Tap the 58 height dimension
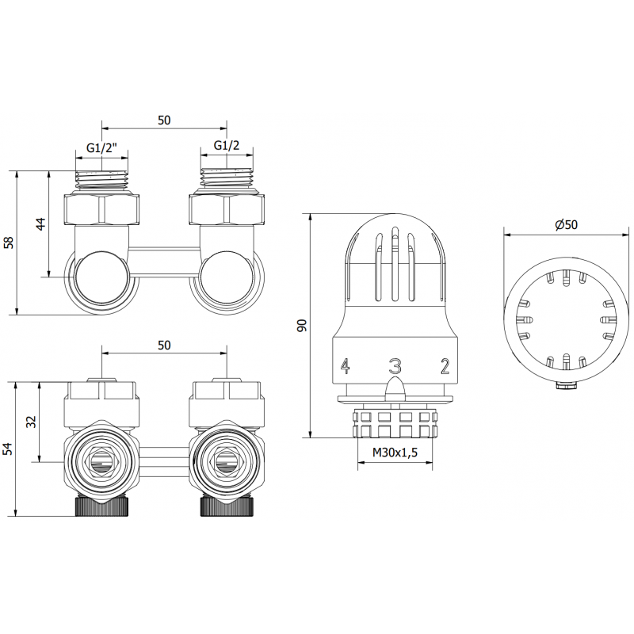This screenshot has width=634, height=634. tap(10, 242)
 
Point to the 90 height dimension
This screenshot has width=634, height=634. tap(301, 325)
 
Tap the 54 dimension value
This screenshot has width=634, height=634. tap(10, 449)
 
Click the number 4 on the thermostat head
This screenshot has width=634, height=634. tap(345, 366)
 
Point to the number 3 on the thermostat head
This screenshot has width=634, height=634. tap(394, 366)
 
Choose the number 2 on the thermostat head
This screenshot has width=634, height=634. tap(445, 366)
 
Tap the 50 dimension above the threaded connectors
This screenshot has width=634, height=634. tap(165, 120)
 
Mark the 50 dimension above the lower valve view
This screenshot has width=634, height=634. tap(165, 346)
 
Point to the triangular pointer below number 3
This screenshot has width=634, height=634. tap(394, 388)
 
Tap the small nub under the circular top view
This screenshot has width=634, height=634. tap(565, 386)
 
